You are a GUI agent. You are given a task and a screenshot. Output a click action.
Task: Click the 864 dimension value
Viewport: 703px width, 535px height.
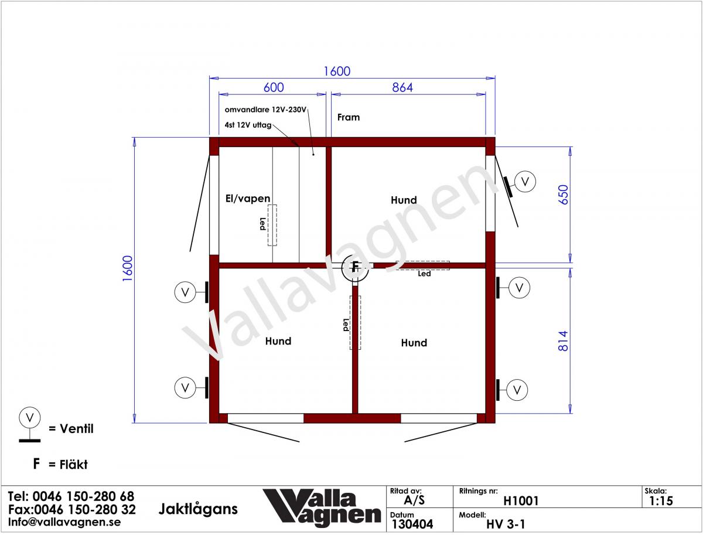pyautogui.click(x=402, y=87)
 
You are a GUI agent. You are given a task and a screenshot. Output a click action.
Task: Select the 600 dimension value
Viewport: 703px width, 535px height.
pyautogui.click(x=274, y=87)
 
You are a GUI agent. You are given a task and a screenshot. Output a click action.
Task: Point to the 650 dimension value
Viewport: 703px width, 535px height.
pyautogui.click(x=563, y=195)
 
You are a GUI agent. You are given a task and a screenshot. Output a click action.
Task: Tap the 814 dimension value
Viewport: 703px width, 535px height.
pyautogui.click(x=563, y=341)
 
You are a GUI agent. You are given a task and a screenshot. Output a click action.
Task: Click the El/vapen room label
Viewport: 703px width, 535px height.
pyautogui.click(x=248, y=199)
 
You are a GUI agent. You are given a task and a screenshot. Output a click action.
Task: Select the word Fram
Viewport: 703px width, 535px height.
pyautogui.click(x=349, y=117)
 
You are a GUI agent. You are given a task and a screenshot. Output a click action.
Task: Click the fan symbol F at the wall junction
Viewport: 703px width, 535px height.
pyautogui.click(x=355, y=267)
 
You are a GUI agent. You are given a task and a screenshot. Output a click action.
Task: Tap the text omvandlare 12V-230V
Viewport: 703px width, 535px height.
pyautogui.click(x=265, y=110)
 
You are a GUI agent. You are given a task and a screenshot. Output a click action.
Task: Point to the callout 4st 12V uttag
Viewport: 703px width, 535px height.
pyautogui.click(x=248, y=125)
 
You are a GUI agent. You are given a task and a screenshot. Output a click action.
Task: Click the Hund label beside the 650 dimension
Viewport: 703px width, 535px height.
pyautogui.click(x=404, y=200)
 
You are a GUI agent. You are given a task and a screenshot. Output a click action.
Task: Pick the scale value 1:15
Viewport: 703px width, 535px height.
pyautogui.click(x=661, y=501)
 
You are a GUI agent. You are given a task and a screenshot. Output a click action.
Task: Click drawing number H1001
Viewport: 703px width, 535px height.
pyautogui.click(x=521, y=501)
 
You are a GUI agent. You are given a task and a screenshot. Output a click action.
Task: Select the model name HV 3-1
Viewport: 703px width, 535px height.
pyautogui.click(x=506, y=524)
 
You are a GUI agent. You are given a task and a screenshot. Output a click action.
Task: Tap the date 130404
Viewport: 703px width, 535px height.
pyautogui.click(x=412, y=524)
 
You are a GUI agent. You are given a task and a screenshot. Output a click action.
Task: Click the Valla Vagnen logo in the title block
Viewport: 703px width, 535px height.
pyautogui.click(x=322, y=508)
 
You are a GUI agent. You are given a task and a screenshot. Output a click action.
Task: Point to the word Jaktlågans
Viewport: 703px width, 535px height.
pyautogui.click(x=198, y=509)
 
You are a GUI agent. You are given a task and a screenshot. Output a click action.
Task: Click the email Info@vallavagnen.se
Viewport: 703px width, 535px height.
pyautogui.click(x=64, y=522)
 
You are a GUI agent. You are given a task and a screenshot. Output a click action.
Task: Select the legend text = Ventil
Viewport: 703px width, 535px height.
pyautogui.click(x=71, y=428)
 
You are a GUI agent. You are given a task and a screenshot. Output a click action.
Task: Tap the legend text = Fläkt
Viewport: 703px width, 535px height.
pyautogui.click(x=68, y=465)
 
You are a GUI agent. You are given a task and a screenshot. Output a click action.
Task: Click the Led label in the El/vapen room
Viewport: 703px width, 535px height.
pyautogui.click(x=262, y=224)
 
